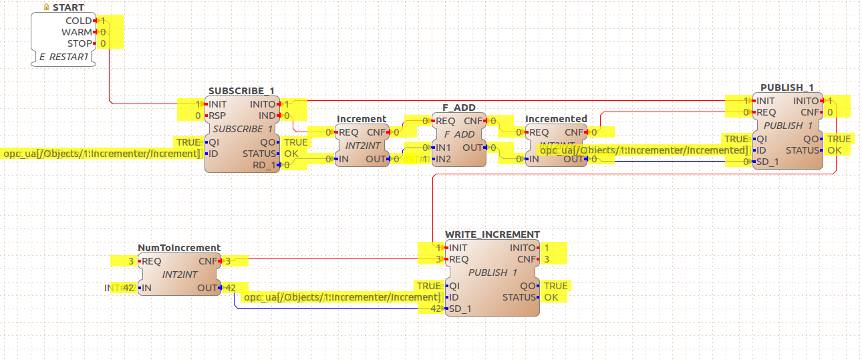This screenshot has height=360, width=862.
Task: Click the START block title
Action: click(x=67, y=7)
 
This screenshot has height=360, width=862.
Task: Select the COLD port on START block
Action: click(x=78, y=21)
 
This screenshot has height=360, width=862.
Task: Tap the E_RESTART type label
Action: click(x=63, y=57)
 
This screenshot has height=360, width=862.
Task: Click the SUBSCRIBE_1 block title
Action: click(x=241, y=91)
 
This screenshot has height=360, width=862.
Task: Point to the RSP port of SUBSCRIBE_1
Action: click(x=217, y=116)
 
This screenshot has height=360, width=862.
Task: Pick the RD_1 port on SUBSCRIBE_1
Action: click(x=265, y=165)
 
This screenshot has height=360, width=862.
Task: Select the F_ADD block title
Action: click(x=459, y=107)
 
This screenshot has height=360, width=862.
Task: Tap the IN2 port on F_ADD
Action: click(x=442, y=159)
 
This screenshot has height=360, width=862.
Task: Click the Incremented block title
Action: click(x=556, y=119)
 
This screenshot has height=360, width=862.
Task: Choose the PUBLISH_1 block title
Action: click(x=787, y=87)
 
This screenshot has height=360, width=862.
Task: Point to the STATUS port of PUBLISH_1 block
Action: click(x=802, y=150)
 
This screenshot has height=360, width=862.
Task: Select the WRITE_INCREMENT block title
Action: click(x=492, y=234)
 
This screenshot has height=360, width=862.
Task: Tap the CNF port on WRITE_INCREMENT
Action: click(x=527, y=259)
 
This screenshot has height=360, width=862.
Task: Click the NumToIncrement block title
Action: click(x=179, y=248)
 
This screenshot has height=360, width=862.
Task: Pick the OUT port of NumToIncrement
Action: click(x=207, y=288)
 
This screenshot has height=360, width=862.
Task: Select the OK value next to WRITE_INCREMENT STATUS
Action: click(x=551, y=297)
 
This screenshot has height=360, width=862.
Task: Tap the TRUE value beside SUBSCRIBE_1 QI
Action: click(x=188, y=142)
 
